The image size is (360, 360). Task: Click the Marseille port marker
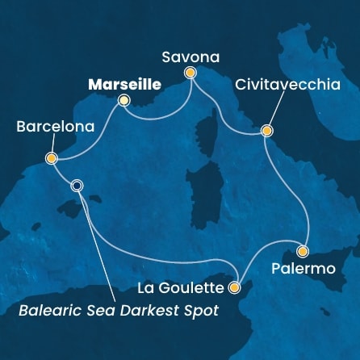pyautogui.click(x=123, y=101)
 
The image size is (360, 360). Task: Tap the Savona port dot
pyautogui.click(x=190, y=73)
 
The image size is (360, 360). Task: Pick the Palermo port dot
pyautogui.click(x=303, y=250)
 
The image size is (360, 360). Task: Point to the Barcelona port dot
pyautogui.click(x=52, y=158)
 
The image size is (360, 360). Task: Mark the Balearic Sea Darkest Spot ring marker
pyautogui.click(x=77, y=185)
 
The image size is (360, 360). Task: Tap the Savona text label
pyautogui.click(x=190, y=56)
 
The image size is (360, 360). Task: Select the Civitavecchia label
pyautogui.click(x=291, y=85)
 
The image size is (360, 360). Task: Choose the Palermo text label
pyautogui.click(x=304, y=268)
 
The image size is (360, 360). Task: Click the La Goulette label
pyautogui.click(x=182, y=287)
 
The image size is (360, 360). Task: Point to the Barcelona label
pyautogui.click(x=54, y=127)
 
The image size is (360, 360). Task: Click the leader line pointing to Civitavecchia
pyautogui.click(x=279, y=111)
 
